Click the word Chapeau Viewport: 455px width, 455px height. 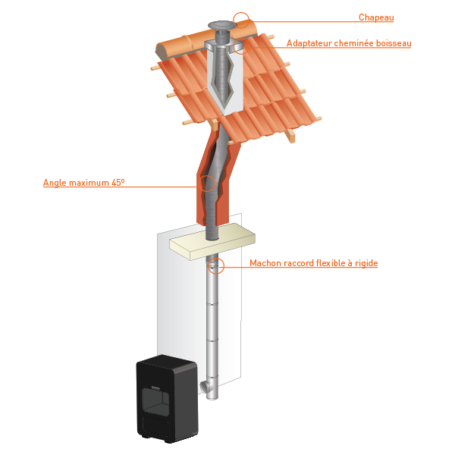coord(376,17)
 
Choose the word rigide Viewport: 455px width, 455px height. coord(366,263)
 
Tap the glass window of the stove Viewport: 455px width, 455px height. coord(155,401)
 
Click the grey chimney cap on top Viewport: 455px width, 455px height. coord(222,26)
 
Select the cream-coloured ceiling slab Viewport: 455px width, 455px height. coord(212,241)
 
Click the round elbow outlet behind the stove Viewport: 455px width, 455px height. coord(206,387)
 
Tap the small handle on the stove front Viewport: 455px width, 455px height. coord(155,387)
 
